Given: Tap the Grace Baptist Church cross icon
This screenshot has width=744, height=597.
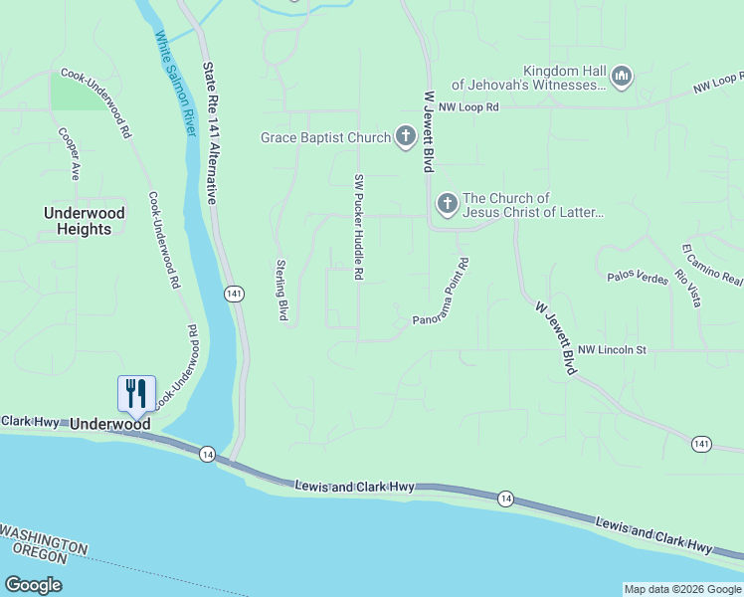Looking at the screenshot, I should tap(405, 136).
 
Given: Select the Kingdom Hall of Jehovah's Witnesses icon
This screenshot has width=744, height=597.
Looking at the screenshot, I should tap(623, 77).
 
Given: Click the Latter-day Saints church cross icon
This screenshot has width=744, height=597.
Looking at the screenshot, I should tap(447, 205).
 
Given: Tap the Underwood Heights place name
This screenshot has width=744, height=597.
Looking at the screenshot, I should tap(85, 221).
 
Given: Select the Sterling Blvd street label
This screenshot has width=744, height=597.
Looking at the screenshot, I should tap(281, 291).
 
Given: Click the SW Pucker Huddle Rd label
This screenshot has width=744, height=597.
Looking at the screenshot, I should tap(358, 227).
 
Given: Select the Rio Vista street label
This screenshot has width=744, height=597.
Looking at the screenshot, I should tap(687, 289).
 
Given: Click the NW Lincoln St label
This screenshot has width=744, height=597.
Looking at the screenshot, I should tap(612, 350).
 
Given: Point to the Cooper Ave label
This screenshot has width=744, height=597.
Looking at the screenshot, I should tap(69, 153).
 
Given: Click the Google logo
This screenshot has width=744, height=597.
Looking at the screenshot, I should tap(33, 584).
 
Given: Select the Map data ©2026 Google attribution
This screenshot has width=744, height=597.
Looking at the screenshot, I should tap(683, 589).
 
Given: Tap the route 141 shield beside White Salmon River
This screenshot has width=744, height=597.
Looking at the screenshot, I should tap(234, 294).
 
